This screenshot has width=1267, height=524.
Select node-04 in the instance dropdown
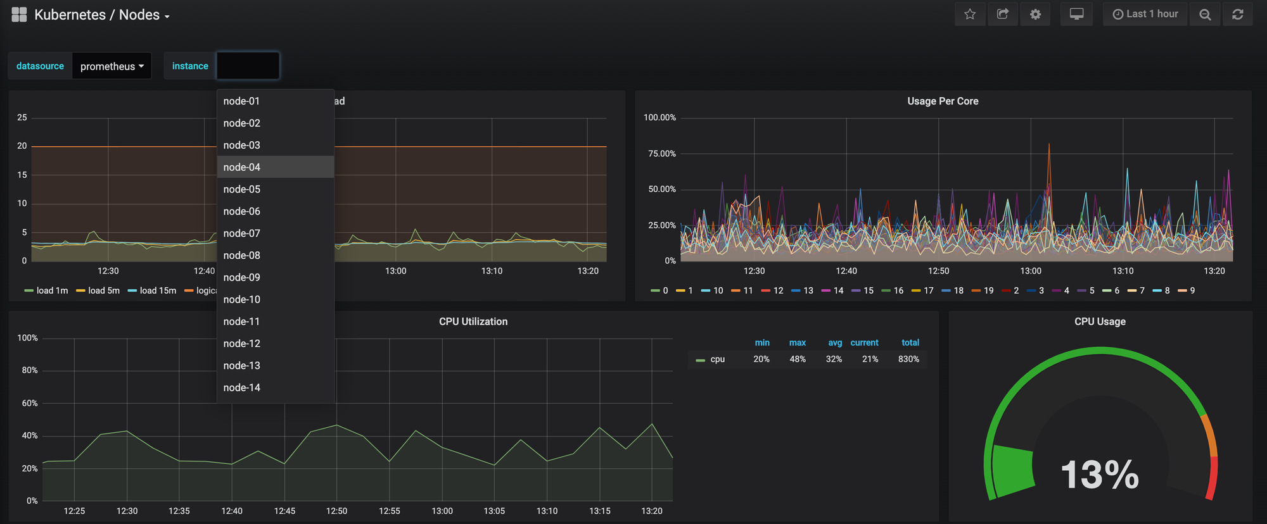(x=241, y=167)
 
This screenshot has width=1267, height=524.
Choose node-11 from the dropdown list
(x=241, y=321)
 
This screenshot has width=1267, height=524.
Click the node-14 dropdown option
(x=241, y=387)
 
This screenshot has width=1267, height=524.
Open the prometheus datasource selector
(x=111, y=66)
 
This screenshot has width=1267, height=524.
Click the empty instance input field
(x=248, y=66)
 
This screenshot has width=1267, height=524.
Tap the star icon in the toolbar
(x=970, y=14)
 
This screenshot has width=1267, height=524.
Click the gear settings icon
(x=1035, y=14)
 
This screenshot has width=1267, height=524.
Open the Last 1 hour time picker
(x=1145, y=14)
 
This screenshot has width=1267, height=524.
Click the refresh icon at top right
(x=1238, y=14)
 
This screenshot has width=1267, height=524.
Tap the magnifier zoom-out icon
(x=1205, y=14)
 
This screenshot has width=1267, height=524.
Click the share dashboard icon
(x=1003, y=14)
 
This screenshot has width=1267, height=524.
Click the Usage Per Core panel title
(x=943, y=101)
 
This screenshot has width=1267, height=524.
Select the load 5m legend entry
(x=98, y=290)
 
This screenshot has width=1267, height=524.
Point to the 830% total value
(x=908, y=359)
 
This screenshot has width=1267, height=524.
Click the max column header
(x=798, y=342)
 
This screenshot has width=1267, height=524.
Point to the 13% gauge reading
(x=1100, y=475)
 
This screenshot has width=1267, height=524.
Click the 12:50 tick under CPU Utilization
(x=336, y=511)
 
